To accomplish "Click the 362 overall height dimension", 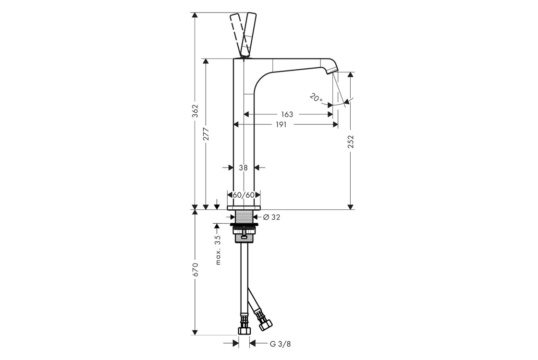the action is tap(195, 111).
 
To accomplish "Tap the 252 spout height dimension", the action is tap(350, 141).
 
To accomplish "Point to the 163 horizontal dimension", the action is tap(287, 114).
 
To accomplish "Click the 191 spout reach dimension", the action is tap(281, 125).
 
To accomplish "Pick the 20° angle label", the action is tap(316, 98).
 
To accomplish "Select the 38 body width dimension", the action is tap(243, 168).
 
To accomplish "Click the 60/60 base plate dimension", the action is tap(244, 195).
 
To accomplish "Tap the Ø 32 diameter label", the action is tap(271, 217).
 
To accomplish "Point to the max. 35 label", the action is tap(218, 250).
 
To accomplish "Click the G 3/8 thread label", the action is tap(281, 344).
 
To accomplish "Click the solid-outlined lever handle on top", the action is tap(248, 35).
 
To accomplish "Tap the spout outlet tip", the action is tap(332, 71).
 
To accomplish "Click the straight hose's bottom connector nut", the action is tap(244, 330).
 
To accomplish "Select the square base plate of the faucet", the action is tap(244, 207).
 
